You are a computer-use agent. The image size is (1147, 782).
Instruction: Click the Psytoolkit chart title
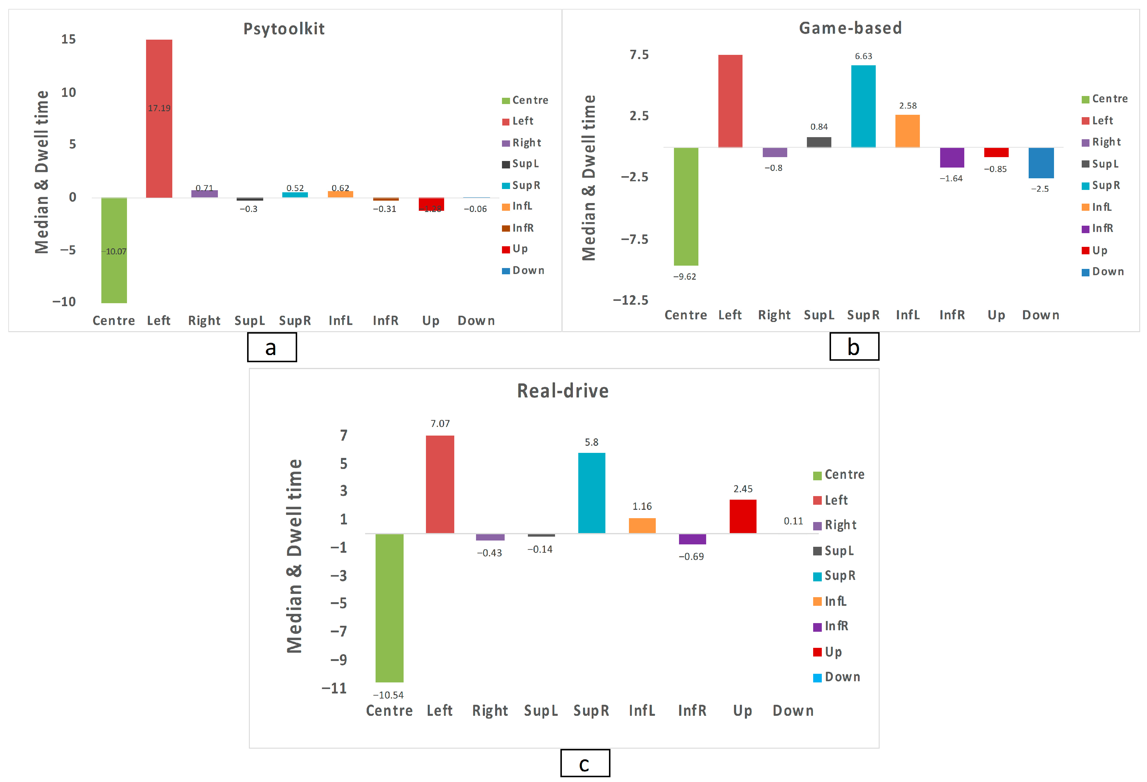point(284,29)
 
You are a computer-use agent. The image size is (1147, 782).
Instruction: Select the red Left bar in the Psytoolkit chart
point(159,118)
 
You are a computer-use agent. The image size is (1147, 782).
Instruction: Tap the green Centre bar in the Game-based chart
point(686,206)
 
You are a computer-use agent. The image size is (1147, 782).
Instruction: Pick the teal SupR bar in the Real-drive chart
point(591,493)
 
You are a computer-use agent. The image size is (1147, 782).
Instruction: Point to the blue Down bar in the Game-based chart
point(1041,163)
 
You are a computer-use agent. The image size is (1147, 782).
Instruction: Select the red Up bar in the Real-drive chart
point(743,516)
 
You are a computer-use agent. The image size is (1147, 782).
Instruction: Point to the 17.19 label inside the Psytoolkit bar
point(159,108)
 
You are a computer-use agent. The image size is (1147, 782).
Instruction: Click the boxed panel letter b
point(854,346)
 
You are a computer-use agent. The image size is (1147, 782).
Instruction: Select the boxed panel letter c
point(585,763)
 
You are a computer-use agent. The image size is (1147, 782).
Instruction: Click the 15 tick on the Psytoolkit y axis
point(69,39)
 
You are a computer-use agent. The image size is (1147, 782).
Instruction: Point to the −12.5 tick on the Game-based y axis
point(631,300)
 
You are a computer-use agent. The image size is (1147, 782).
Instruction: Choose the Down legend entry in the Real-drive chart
point(837,677)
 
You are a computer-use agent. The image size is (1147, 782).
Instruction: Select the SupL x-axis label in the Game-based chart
point(819,315)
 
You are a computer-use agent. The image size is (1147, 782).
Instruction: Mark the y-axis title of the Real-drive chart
point(294,556)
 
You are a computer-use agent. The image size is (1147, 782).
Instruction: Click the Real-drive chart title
point(563,391)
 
